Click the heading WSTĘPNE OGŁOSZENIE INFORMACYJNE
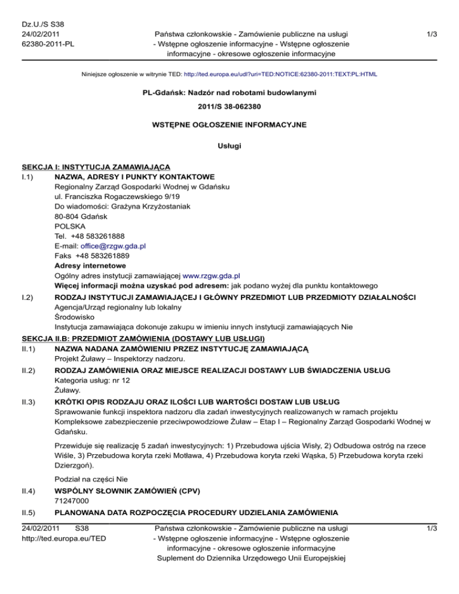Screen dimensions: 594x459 [x=229, y=125]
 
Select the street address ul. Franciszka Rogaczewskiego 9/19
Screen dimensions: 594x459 [x=121, y=195]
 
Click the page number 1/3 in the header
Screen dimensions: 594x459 [x=431, y=35]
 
